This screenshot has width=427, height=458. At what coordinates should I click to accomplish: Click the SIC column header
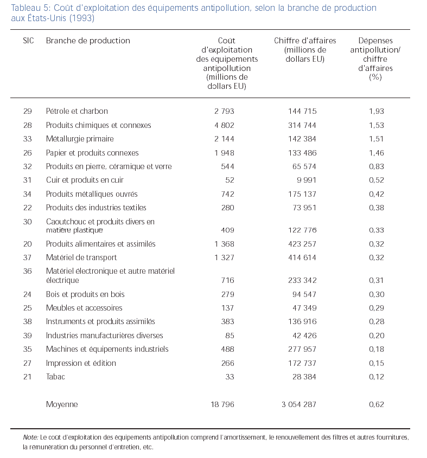(28, 41)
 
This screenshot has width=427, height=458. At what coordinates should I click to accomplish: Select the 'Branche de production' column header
(88, 41)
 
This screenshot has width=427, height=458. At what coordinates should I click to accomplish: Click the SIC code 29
(28, 111)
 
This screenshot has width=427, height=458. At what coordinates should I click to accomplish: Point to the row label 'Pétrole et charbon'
(77, 111)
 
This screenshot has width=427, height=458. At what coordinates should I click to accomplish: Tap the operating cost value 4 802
(224, 125)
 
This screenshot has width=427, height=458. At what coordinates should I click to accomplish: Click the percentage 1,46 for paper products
(376, 153)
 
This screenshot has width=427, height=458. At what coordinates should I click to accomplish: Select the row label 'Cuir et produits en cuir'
(85, 180)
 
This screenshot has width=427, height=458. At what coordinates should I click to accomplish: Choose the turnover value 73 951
(304, 208)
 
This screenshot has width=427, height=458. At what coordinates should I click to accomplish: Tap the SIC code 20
(28, 244)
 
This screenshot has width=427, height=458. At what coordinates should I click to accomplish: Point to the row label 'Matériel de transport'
(81, 257)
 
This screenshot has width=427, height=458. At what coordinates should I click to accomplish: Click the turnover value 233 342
(302, 280)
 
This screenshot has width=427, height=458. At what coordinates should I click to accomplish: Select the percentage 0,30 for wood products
(376, 294)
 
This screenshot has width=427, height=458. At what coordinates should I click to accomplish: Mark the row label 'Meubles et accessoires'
(84, 308)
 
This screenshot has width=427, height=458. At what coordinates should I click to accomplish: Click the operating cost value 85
(230, 336)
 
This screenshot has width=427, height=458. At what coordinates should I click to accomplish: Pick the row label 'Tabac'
(55, 377)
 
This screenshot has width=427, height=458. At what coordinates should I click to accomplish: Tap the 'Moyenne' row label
(62, 404)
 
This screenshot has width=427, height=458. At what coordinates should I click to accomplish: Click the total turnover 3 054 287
(295, 404)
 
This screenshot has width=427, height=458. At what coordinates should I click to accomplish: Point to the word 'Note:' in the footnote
(30, 437)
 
